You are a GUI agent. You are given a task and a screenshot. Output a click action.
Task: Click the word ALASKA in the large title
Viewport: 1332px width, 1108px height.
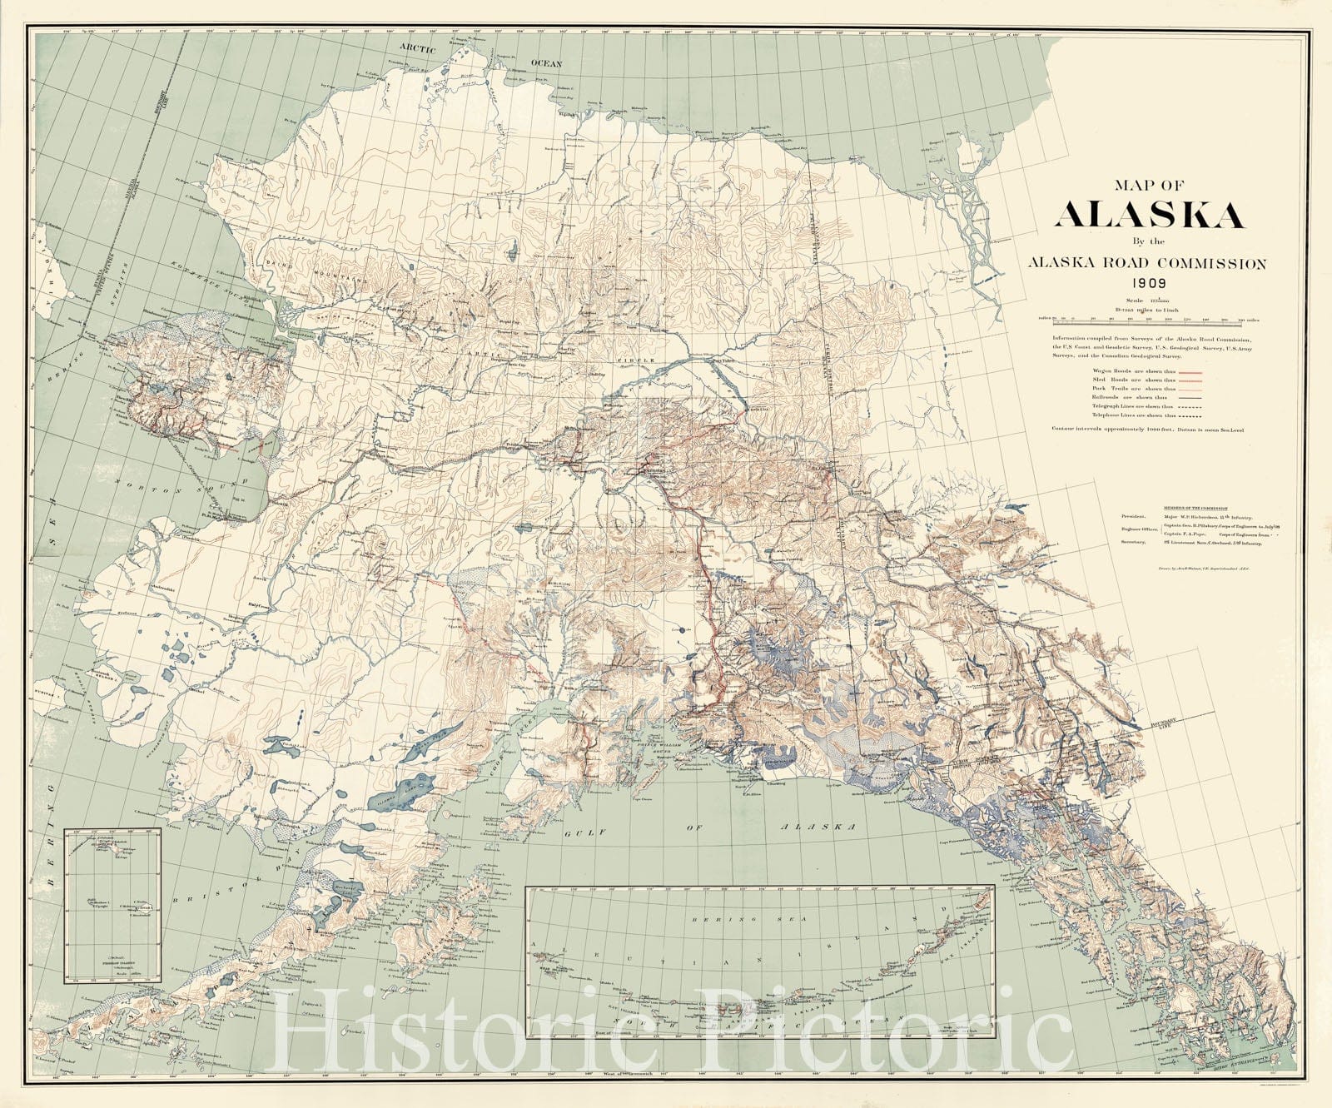pos(1149,215)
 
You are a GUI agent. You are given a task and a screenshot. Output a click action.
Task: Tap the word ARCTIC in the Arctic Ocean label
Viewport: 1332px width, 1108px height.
pos(417,49)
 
